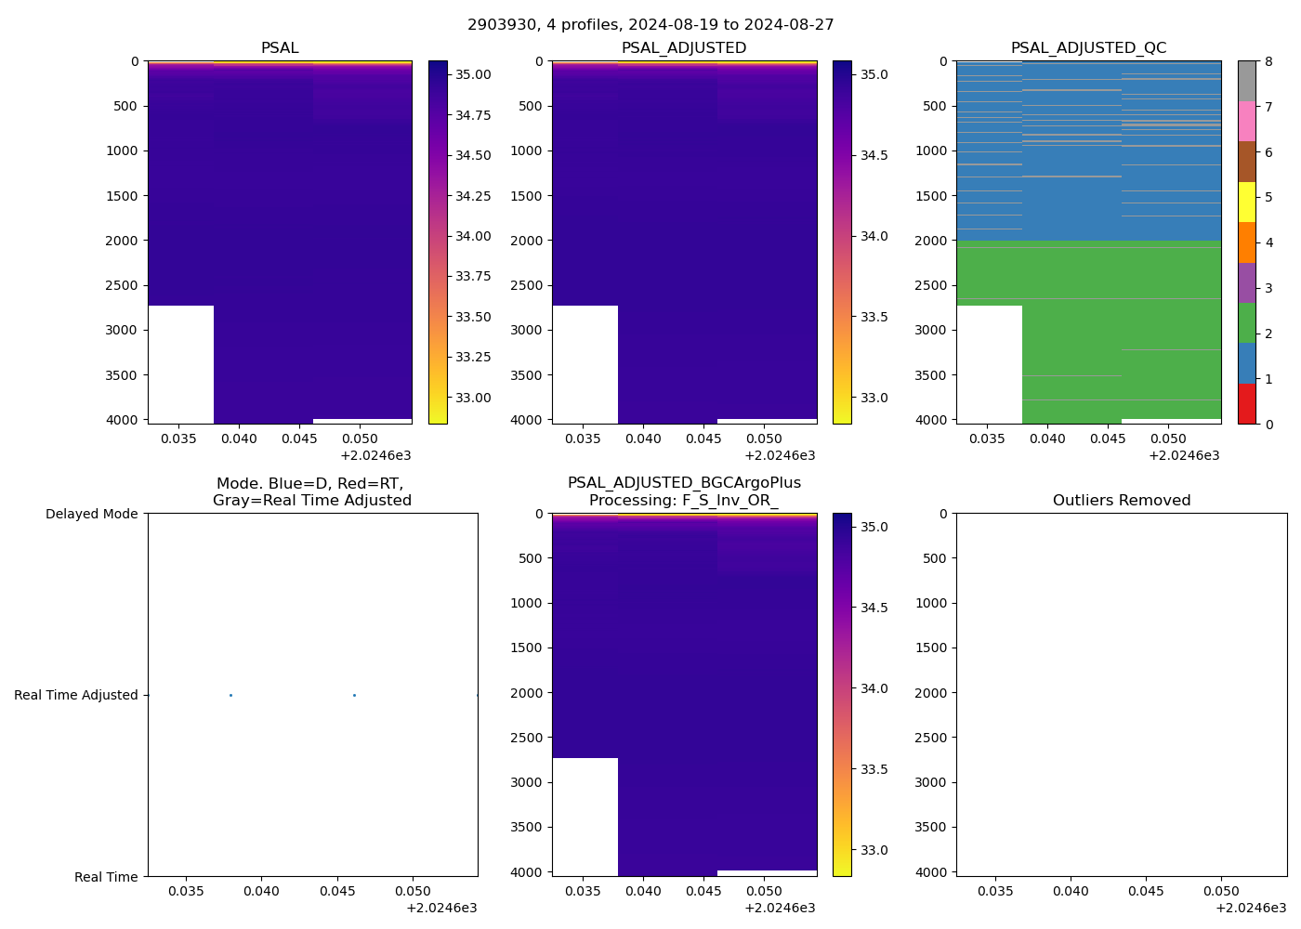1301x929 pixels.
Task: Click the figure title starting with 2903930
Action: (x=650, y=25)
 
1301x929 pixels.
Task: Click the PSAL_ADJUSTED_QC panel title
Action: (x=1088, y=48)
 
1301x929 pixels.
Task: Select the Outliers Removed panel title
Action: (x=1121, y=501)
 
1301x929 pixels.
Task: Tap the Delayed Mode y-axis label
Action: (x=91, y=514)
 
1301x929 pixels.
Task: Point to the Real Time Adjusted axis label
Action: (x=76, y=695)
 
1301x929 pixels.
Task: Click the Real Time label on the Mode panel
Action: (x=106, y=877)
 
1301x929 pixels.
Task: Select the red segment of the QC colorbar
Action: (x=1247, y=404)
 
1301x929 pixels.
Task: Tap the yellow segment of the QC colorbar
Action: (x=1247, y=203)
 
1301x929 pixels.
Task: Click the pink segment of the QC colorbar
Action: (x=1247, y=122)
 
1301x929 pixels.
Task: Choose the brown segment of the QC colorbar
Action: (x=1247, y=162)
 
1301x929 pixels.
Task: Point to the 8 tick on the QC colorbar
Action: (x=1268, y=61)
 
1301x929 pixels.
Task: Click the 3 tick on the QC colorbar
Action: (x=1268, y=288)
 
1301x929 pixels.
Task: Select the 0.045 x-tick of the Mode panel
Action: (x=337, y=892)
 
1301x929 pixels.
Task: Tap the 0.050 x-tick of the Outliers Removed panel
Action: (x=1221, y=892)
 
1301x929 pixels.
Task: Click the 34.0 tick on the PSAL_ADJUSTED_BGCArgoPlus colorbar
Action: (x=871, y=688)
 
